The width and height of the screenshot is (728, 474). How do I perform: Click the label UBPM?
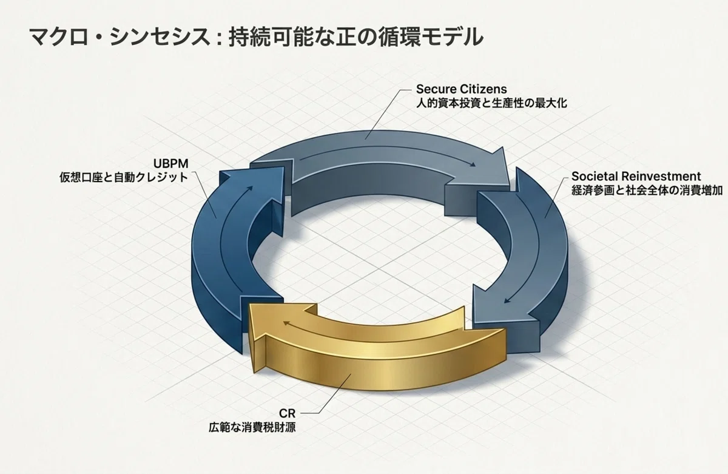[170, 163]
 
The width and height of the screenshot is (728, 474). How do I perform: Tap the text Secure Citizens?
[461, 89]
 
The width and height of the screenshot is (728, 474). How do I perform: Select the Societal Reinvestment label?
[636, 176]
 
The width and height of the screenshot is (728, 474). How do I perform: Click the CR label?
[288, 413]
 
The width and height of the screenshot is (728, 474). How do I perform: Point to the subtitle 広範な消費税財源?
[252, 427]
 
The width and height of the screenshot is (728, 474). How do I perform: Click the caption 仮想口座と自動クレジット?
[124, 177]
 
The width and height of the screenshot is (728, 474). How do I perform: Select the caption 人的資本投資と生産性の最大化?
[491, 103]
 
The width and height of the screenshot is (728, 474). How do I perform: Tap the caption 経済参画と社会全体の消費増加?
[647, 191]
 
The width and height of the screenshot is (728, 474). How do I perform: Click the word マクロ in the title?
[59, 38]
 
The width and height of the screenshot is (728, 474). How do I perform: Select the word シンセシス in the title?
[160, 38]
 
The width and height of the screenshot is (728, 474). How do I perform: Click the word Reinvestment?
[661, 176]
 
